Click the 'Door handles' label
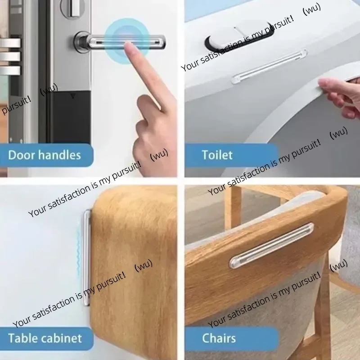coord(44,156)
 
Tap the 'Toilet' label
coord(217,155)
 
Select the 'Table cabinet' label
coord(45,338)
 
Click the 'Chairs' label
coord(219,338)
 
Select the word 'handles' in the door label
coord(59,156)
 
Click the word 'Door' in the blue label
coord(22,156)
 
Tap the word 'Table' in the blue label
coord(22,338)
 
